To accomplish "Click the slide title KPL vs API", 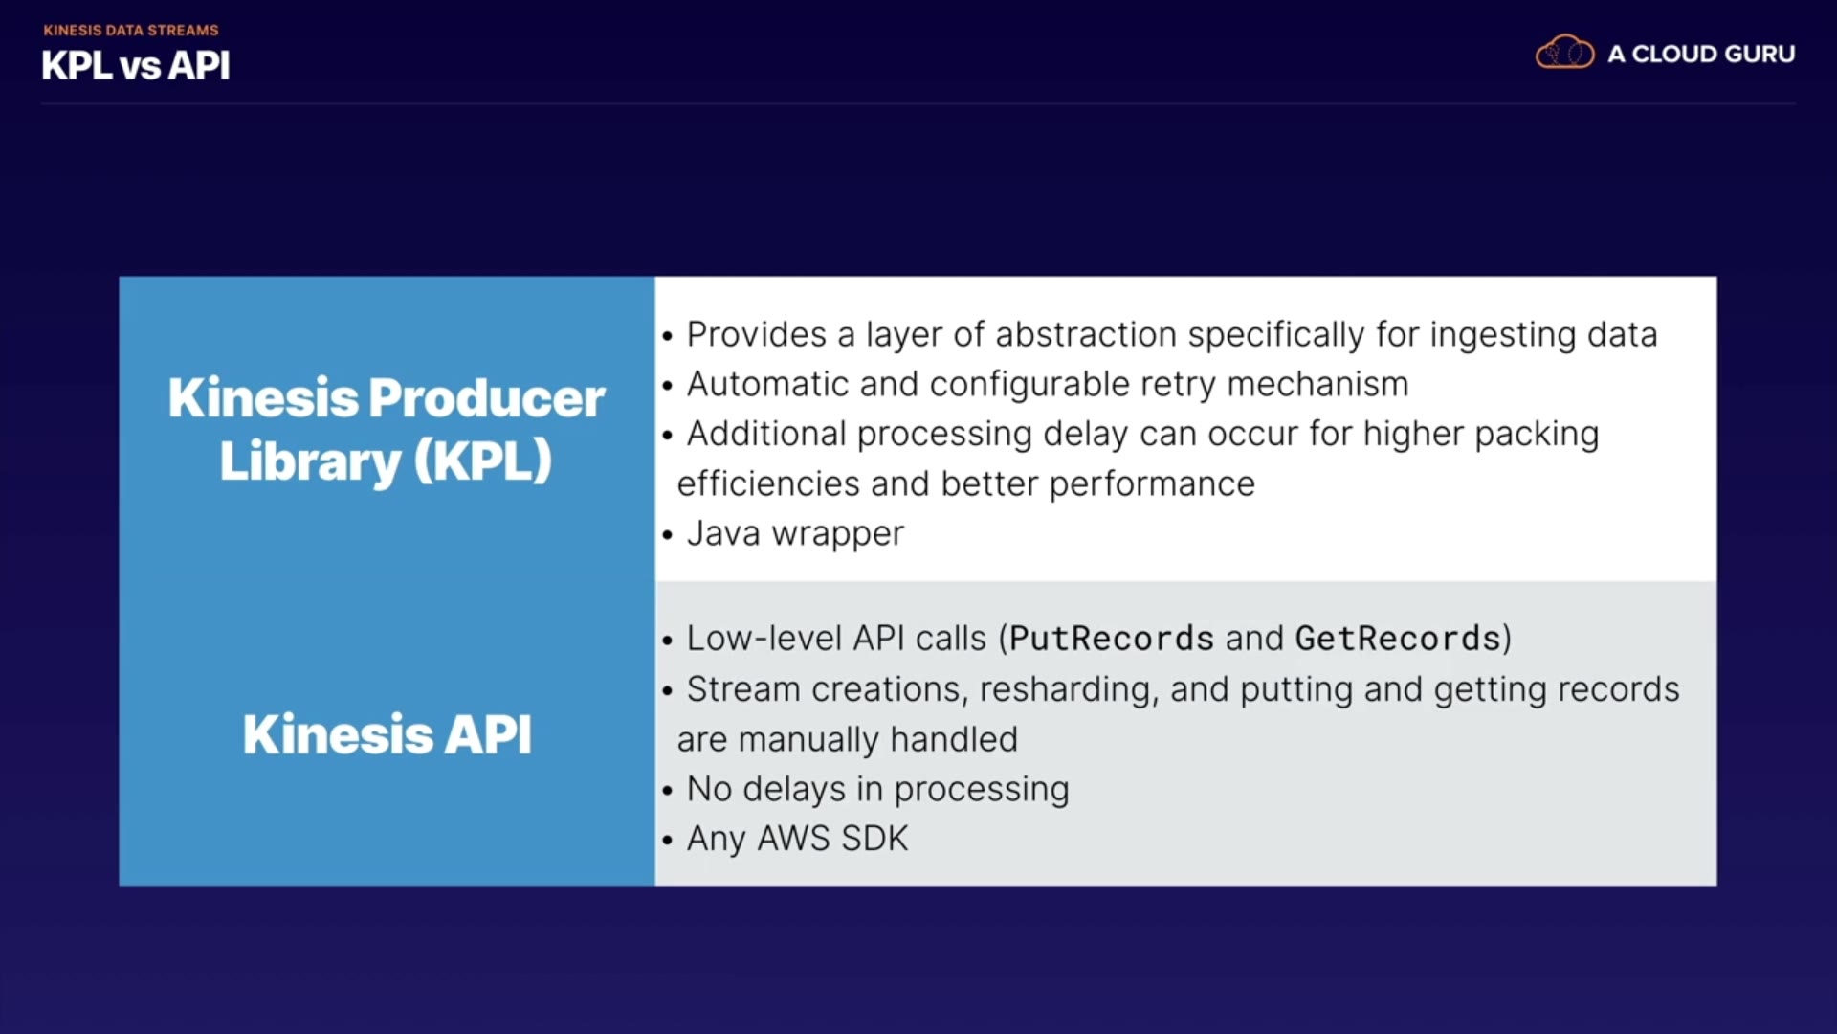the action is click(x=135, y=66).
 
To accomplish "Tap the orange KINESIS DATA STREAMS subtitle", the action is click(x=131, y=31).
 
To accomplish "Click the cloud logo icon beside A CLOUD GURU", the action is click(x=1564, y=53).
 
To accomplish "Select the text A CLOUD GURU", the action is click(x=1701, y=55).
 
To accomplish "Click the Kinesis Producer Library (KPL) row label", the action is click(x=387, y=429).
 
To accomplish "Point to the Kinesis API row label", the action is click(x=387, y=734).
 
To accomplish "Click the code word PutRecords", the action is click(x=1112, y=639).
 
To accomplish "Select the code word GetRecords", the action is click(x=1398, y=639).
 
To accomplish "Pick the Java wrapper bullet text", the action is click(x=795, y=534).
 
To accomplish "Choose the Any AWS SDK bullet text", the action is click(x=797, y=839).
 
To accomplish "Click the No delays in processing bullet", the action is click(x=877, y=790).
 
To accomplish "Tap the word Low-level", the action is click(x=764, y=639).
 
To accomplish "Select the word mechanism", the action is click(x=1317, y=385).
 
